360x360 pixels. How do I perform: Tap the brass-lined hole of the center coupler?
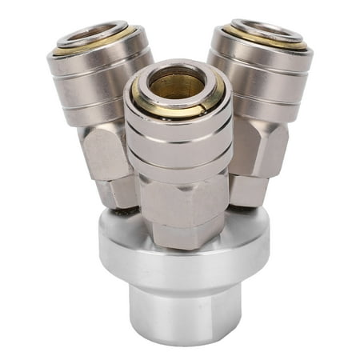(x=176, y=82)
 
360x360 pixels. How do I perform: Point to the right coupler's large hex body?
(x=256, y=148)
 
